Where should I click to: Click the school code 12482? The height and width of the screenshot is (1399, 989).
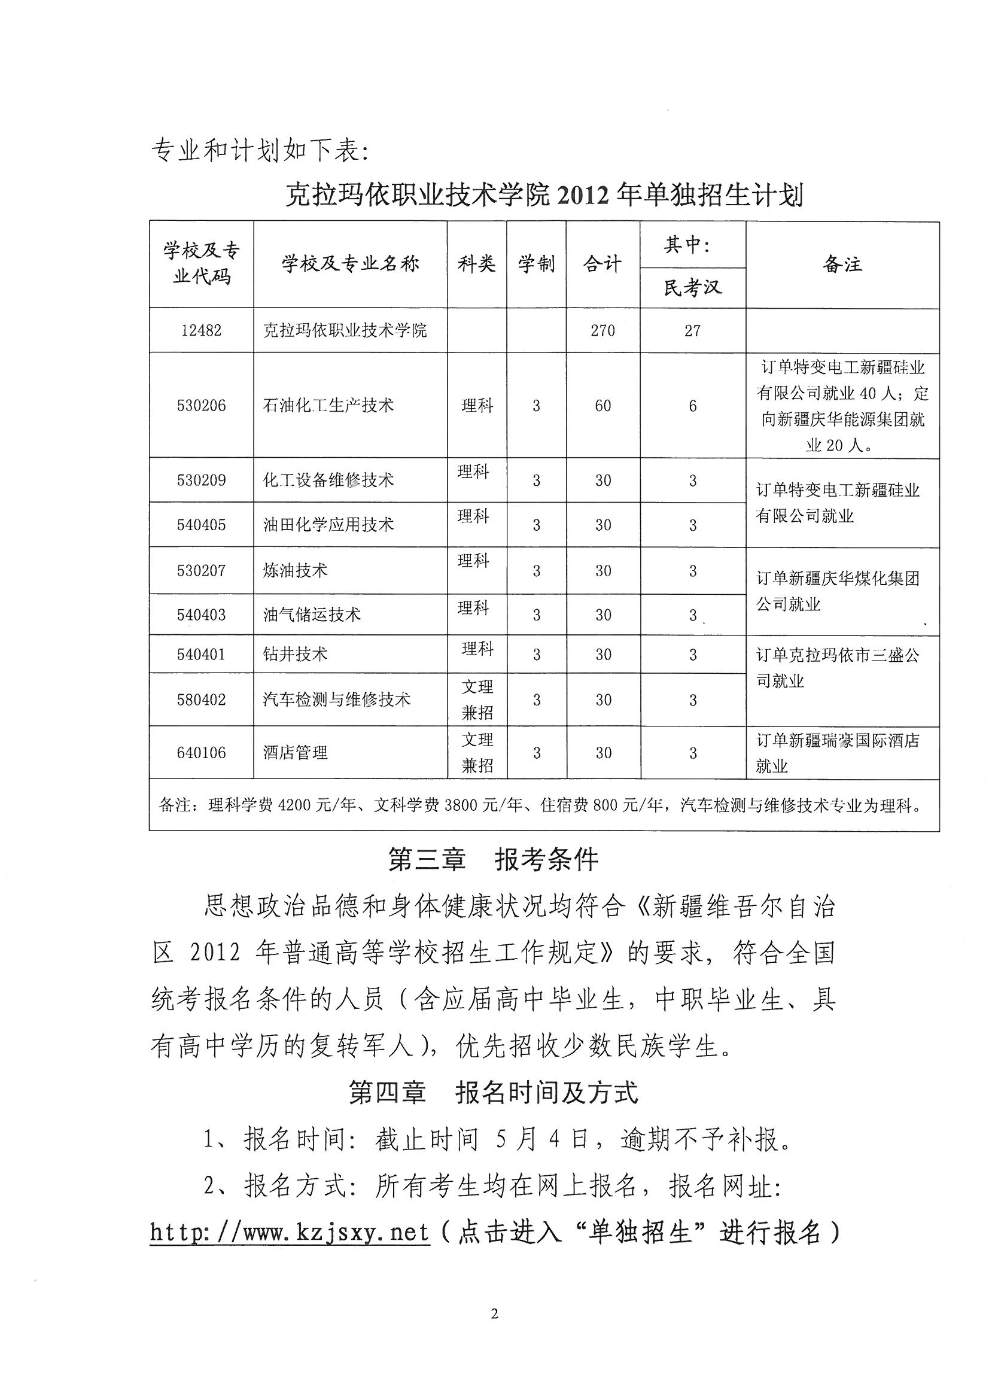click(201, 331)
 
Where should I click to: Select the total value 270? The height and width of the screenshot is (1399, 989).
click(602, 331)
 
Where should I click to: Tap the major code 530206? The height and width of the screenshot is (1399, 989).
click(201, 406)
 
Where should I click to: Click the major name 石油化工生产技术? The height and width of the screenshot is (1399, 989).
click(328, 406)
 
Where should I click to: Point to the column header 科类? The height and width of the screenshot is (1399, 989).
click(476, 264)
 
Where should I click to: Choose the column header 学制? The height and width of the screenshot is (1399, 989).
click(536, 264)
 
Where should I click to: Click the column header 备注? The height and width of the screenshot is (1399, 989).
click(842, 264)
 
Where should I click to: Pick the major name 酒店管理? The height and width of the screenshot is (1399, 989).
click(296, 753)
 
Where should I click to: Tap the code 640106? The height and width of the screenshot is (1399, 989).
click(201, 753)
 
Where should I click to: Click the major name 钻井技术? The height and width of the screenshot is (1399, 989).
click(296, 655)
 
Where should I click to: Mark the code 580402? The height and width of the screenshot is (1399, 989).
click(201, 699)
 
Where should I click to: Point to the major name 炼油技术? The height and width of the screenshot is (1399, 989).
click(296, 571)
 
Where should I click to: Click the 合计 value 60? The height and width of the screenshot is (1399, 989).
click(602, 406)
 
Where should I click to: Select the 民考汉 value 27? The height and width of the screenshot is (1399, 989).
click(692, 331)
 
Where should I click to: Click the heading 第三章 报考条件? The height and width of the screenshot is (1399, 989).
click(494, 860)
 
